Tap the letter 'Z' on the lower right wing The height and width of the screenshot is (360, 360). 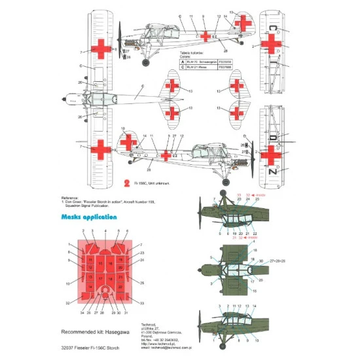pos(271,171)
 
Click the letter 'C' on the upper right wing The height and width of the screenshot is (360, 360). pos(271,29)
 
